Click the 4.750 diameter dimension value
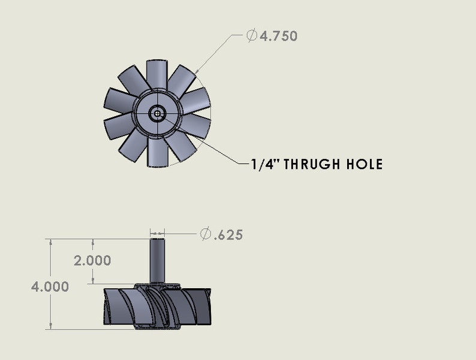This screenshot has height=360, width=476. (278, 36)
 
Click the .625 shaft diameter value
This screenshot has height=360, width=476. (228, 235)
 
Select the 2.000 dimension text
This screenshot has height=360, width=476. (92, 261)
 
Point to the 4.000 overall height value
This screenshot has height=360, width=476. (50, 286)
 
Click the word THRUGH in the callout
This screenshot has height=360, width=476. (315, 164)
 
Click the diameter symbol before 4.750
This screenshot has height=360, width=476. (252, 36)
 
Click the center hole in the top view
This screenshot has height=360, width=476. (158, 113)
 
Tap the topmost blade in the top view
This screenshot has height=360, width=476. (158, 73)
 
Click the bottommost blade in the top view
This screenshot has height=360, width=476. (158, 152)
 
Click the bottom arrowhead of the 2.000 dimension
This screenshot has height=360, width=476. (93, 281)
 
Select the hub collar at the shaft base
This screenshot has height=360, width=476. (157, 286)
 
